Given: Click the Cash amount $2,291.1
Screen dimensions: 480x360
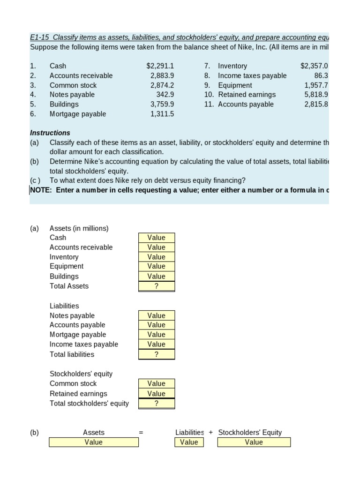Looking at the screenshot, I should (160, 66).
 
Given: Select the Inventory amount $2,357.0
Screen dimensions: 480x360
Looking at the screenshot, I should (314, 66).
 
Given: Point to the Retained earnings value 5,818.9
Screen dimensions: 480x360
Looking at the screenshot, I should (316, 95).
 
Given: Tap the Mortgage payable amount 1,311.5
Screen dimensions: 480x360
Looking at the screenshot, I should (162, 114).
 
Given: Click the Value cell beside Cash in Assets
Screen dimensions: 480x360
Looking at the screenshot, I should (157, 238).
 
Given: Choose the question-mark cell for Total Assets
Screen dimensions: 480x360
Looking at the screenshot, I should (157, 286).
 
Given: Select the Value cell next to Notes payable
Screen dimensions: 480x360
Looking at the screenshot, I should (157, 315).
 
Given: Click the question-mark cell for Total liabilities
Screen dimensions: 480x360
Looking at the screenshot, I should (157, 354).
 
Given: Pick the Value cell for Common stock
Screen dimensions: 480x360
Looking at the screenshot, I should (157, 383).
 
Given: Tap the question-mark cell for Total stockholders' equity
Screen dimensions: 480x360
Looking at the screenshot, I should (157, 404).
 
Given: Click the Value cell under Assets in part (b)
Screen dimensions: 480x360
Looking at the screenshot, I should (94, 442).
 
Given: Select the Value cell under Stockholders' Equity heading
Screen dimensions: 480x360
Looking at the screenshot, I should (254, 442).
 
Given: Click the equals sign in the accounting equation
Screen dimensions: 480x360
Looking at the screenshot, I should (141, 433).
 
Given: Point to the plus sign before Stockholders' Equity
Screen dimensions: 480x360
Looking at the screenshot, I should (211, 433).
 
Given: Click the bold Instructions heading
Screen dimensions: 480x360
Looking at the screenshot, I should (50, 133).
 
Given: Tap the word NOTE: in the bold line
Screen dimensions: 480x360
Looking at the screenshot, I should (41, 190).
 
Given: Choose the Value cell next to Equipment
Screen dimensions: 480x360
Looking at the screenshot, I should (157, 266).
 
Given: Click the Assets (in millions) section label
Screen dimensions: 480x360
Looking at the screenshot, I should (79, 228).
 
